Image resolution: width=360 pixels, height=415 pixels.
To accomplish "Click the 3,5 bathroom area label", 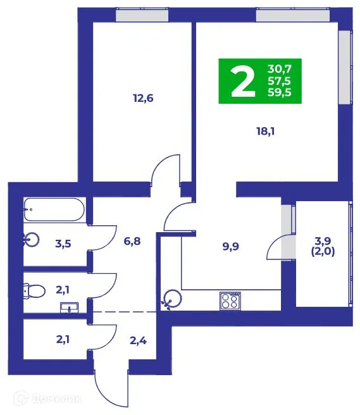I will point(63,242).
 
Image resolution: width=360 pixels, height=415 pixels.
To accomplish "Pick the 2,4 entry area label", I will point(139,342).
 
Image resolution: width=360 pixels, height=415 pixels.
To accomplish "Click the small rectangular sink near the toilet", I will point(69,308).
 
